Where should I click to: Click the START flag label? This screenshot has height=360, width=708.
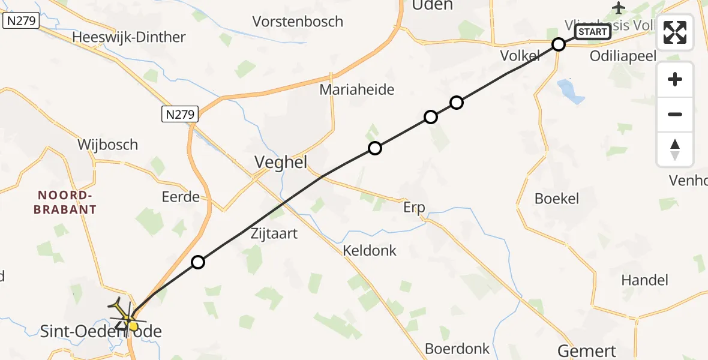(593, 32)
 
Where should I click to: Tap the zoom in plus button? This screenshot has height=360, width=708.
(675, 80)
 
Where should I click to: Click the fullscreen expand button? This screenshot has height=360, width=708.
(675, 32)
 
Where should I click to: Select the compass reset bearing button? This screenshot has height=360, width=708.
(675, 149)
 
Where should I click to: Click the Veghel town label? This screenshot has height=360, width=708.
(281, 162)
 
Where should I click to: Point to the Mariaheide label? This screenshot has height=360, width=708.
(357, 90)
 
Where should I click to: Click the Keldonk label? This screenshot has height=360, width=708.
(370, 250)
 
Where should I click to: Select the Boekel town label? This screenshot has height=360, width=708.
(557, 199)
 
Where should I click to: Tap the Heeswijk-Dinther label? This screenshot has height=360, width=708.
(128, 37)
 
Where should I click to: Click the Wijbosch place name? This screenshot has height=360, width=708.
(107, 145)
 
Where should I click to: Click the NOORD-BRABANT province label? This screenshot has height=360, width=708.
(67, 202)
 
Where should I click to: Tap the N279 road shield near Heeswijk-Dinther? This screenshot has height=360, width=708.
(21, 22)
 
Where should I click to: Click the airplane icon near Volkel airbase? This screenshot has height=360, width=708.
(618, 8)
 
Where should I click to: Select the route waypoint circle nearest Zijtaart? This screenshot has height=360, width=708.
(198, 262)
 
